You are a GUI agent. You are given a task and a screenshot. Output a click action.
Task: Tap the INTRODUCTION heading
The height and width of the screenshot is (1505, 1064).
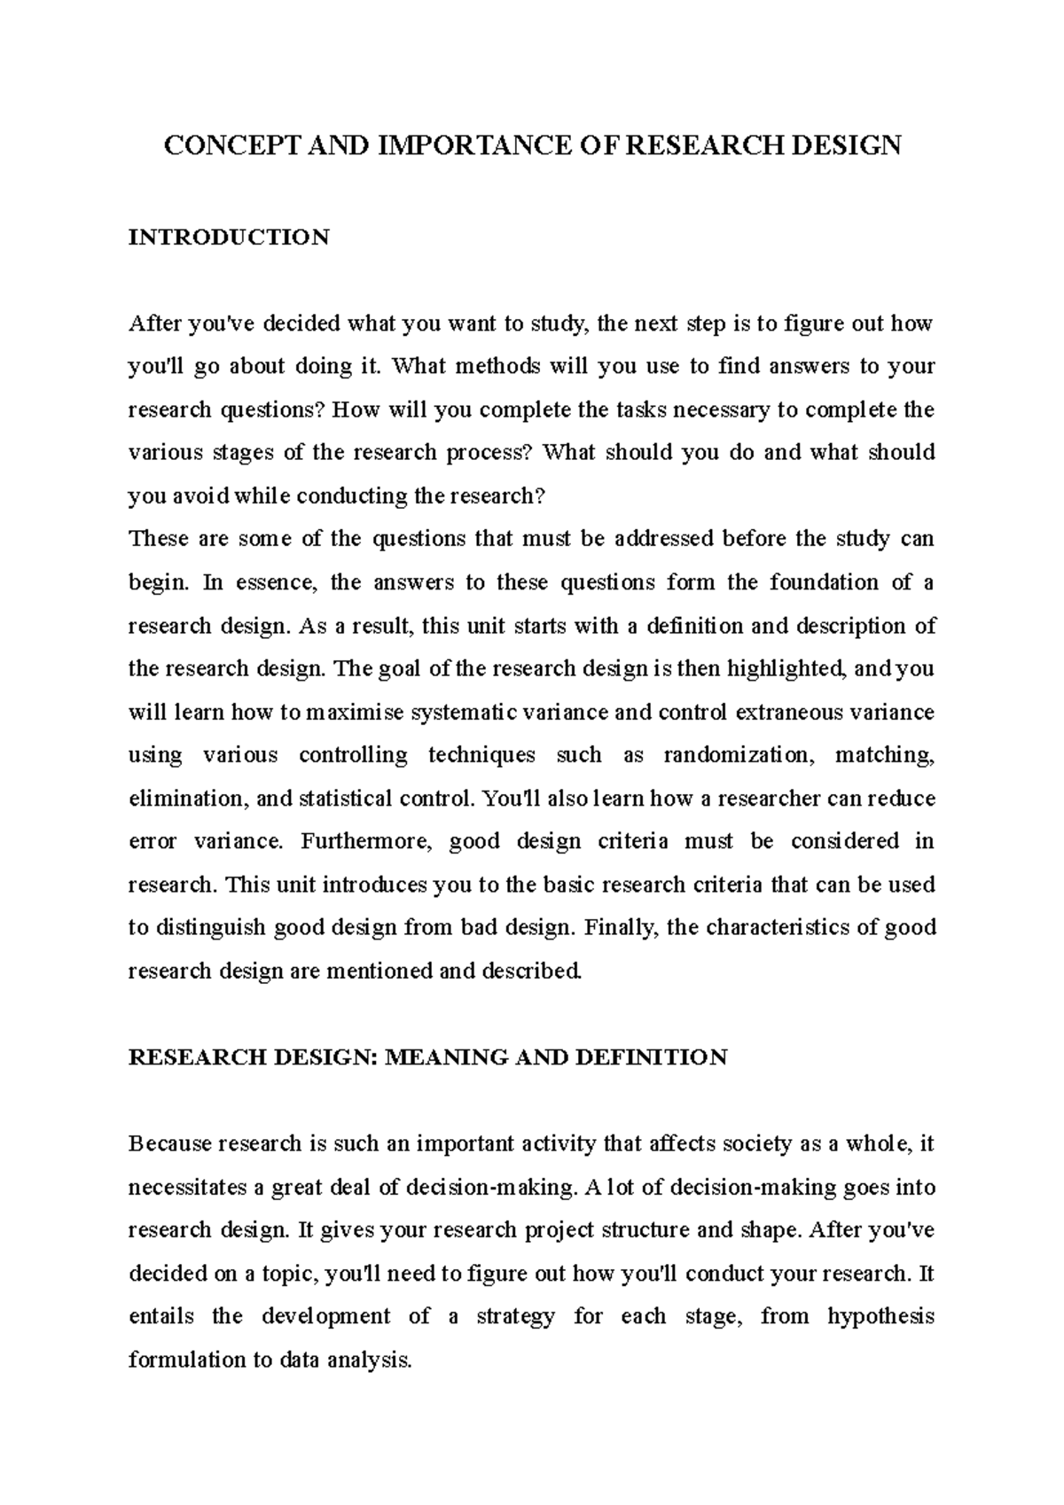tap(229, 238)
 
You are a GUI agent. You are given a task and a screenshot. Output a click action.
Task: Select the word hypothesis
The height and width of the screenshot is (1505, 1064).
tap(880, 1317)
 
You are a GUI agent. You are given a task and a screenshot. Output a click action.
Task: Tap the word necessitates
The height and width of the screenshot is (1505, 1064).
tap(183, 1188)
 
